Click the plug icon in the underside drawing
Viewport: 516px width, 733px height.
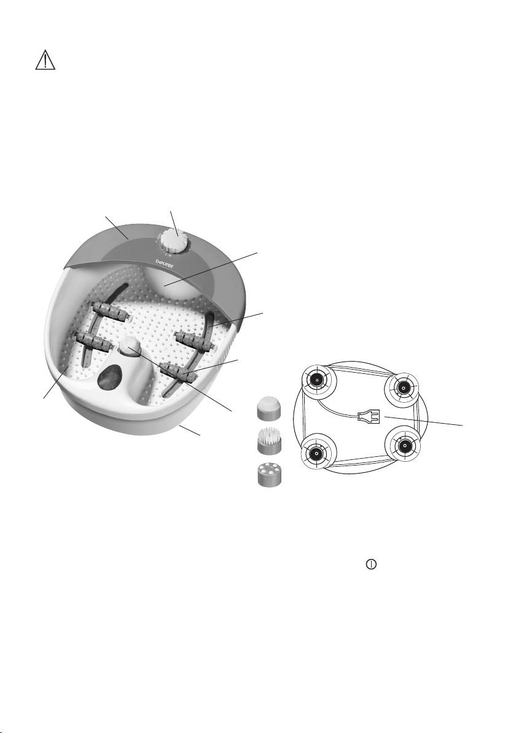pyautogui.click(x=368, y=416)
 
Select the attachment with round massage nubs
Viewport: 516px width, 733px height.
pyautogui.click(x=270, y=475)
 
